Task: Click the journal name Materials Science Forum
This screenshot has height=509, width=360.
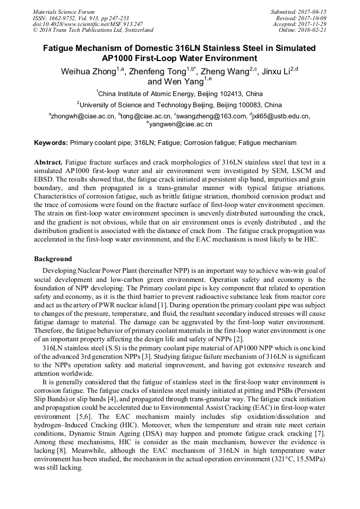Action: [x=64, y=11]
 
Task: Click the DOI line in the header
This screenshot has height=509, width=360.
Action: [x=88, y=24]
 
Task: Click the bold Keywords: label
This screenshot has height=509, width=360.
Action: [x=51, y=143]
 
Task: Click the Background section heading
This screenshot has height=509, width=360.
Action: [x=53, y=258]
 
